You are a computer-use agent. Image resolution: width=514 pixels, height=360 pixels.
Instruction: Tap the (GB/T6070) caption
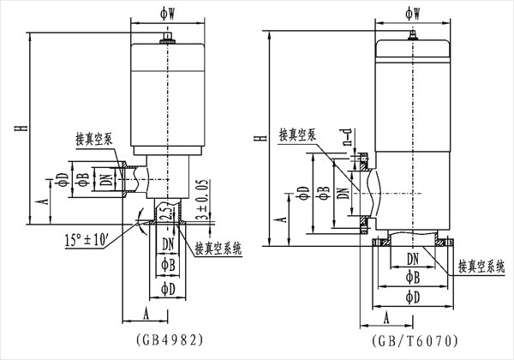[411, 339]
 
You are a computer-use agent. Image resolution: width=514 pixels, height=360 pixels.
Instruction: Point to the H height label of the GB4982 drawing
[18, 129]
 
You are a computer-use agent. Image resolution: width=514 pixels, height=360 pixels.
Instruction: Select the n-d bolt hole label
[348, 138]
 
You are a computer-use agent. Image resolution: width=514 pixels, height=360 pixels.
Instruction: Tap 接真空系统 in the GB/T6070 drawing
[482, 267]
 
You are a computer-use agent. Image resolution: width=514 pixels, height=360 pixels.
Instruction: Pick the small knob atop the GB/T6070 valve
[412, 34]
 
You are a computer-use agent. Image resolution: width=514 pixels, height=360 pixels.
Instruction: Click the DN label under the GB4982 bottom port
[165, 243]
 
